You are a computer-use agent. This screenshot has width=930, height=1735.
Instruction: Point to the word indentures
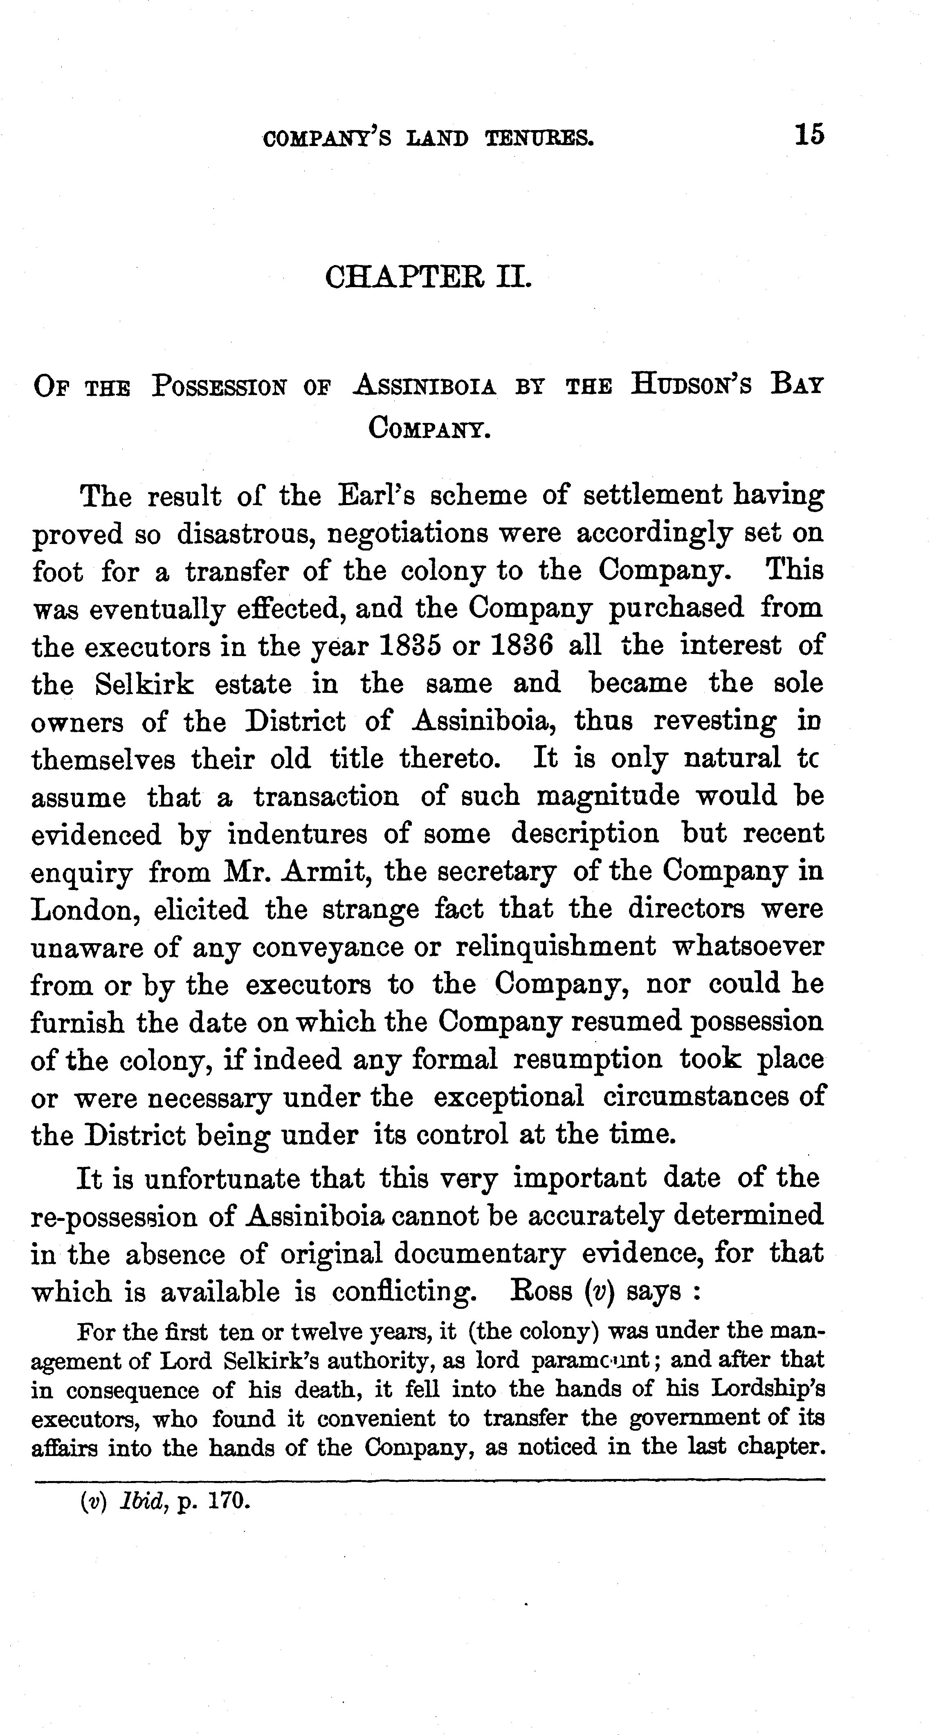tap(297, 834)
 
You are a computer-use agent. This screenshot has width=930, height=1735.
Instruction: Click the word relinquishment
tap(555, 946)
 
